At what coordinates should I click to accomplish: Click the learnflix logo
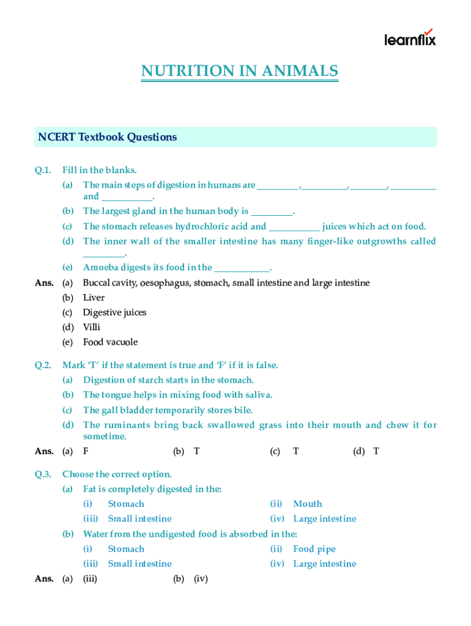410,38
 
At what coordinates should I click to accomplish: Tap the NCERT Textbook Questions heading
108,137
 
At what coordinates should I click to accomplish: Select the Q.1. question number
43,170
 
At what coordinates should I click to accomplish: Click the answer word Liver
94,298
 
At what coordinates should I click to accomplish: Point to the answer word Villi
92,327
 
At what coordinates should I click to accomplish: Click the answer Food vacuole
110,342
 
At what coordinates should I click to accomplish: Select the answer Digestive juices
114,312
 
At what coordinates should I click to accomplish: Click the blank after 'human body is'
272,212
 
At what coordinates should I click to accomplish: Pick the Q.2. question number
43,365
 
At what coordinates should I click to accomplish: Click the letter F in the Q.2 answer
86,451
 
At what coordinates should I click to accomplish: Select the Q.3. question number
43,474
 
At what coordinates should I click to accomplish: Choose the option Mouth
307,504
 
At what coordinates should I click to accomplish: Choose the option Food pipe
314,549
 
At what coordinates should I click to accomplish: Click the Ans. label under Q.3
44,578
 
